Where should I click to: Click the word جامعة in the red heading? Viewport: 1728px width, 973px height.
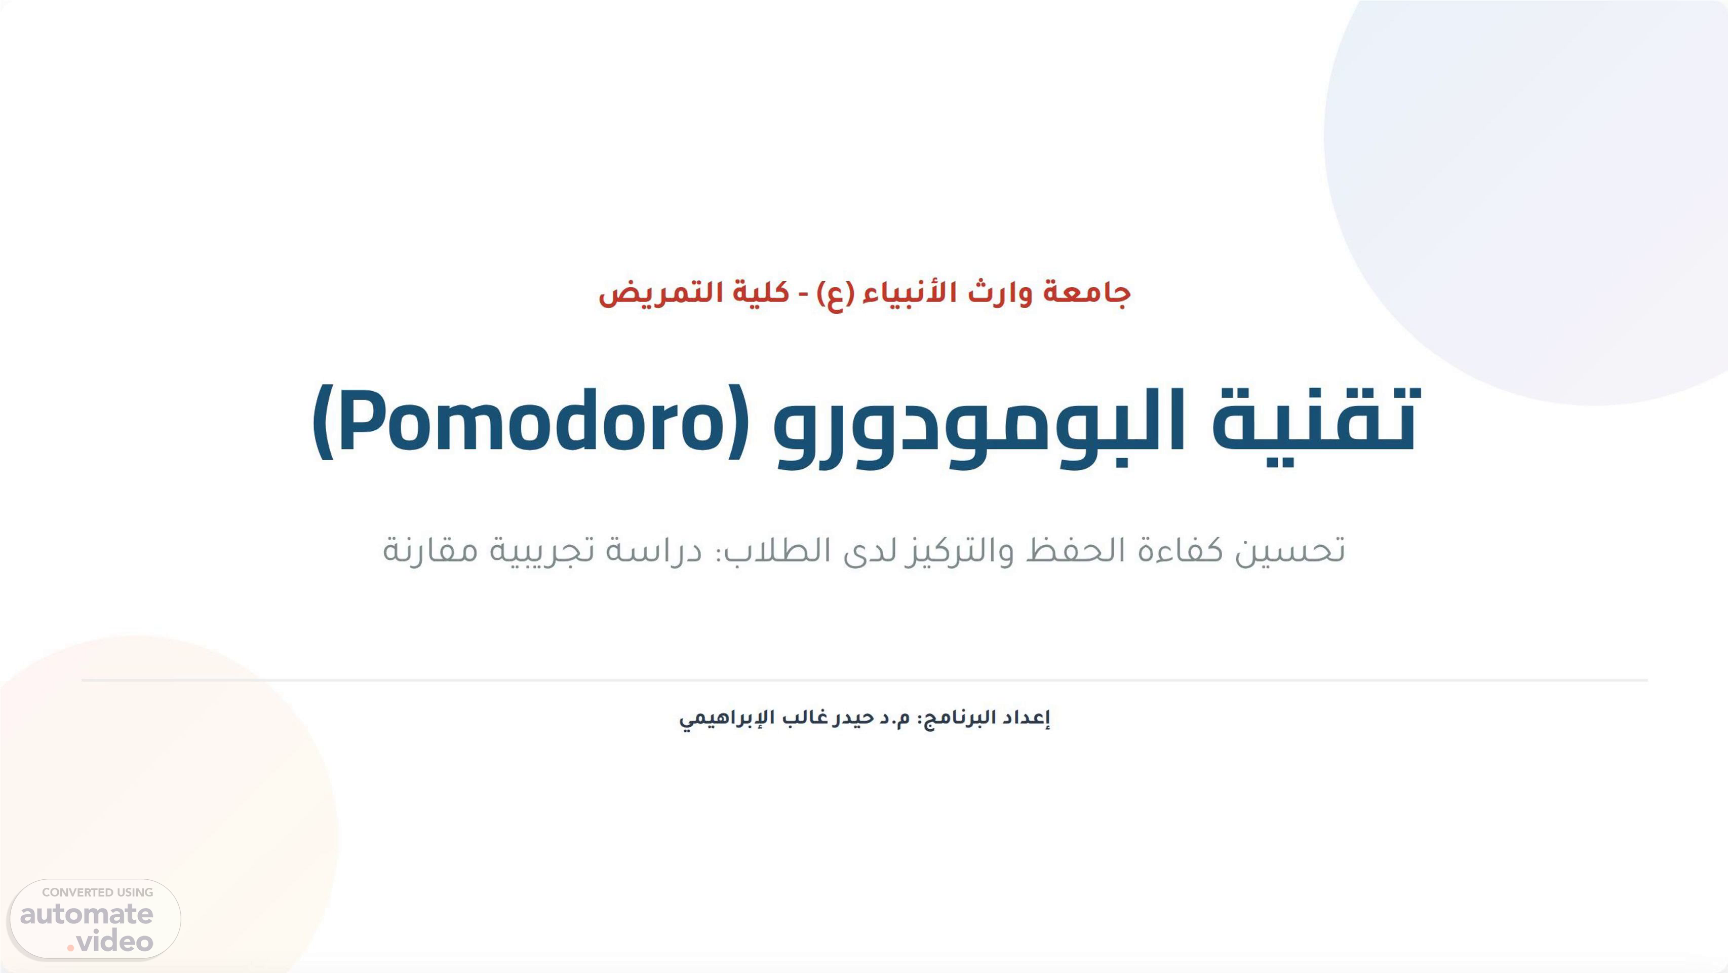1087,293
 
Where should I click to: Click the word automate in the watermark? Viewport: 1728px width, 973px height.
87,914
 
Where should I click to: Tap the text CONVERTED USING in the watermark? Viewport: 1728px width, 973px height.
97,892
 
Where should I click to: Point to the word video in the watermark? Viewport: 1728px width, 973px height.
114,942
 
